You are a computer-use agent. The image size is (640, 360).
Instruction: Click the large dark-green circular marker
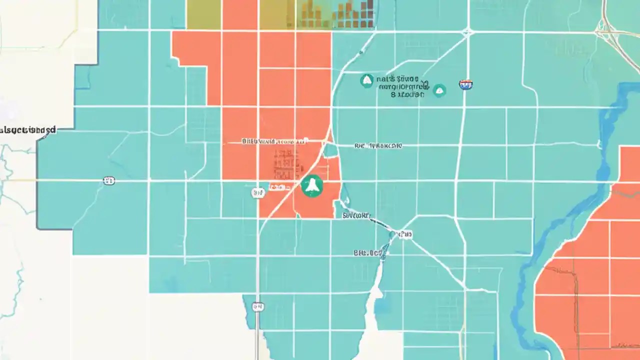click(x=312, y=186)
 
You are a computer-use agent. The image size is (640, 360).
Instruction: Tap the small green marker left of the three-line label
click(x=366, y=80)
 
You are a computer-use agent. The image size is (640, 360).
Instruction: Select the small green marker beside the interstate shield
click(x=439, y=90)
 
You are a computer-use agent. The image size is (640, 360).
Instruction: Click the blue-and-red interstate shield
click(x=465, y=85)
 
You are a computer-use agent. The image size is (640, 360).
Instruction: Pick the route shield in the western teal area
click(x=108, y=180)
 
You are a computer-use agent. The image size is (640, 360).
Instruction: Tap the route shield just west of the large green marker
click(x=258, y=192)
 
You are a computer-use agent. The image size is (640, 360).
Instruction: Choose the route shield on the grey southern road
click(x=258, y=306)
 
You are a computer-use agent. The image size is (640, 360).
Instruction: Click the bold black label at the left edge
click(x=28, y=130)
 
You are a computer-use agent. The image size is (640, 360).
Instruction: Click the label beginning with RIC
click(x=377, y=146)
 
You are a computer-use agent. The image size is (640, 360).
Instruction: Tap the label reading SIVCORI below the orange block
click(x=356, y=216)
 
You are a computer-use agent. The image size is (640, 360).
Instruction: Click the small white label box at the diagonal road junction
click(x=404, y=234)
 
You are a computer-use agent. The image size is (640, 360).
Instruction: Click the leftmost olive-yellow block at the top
click(x=203, y=14)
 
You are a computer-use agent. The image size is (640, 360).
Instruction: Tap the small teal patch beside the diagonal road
click(x=330, y=150)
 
